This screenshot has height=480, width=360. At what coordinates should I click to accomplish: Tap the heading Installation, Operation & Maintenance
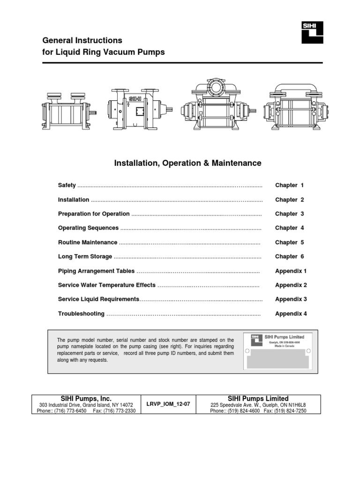point(188,163)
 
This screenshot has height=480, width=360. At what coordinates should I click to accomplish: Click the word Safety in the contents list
point(67,185)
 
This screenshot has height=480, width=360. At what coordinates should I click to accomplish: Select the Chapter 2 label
point(289,200)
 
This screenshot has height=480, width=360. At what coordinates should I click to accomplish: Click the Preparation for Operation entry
point(94,214)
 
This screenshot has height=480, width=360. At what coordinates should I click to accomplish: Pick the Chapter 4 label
point(289,228)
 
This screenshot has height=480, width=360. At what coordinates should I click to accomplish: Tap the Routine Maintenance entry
point(88,242)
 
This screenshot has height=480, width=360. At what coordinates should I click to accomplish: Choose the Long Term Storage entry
point(85,256)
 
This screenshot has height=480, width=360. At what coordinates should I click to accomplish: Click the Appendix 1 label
point(291,271)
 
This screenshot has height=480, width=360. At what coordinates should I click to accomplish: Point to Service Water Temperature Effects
point(106,285)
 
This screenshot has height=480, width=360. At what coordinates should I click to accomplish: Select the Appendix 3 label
point(291,299)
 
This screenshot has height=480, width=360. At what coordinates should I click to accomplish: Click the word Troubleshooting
point(81,314)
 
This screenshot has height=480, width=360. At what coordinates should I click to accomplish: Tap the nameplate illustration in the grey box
point(278,351)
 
